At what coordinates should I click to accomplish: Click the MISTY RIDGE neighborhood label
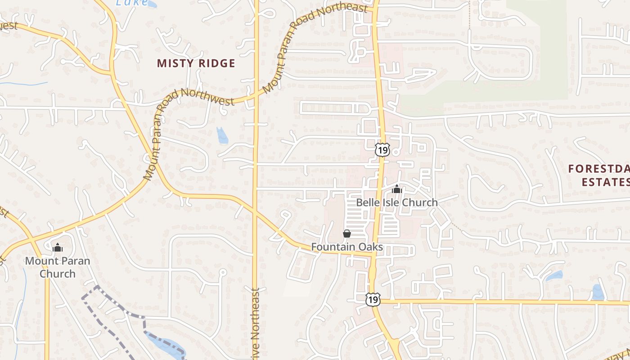[x=196, y=63]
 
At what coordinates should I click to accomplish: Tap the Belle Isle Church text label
[x=396, y=202]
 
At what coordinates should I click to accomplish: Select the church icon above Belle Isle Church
[x=396, y=189]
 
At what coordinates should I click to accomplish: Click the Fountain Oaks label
[x=347, y=247]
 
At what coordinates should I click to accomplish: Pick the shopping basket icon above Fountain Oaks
[x=347, y=234]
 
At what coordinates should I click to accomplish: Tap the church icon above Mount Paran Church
[x=58, y=247]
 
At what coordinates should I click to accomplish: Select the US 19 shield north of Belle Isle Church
[x=382, y=150]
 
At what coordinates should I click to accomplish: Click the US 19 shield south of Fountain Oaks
[x=373, y=299]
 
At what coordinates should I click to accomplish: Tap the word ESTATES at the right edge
[x=605, y=182]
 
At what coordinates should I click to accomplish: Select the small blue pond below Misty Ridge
[x=222, y=135]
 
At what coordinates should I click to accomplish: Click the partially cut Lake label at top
[x=132, y=3]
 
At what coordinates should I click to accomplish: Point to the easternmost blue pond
[x=598, y=292]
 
